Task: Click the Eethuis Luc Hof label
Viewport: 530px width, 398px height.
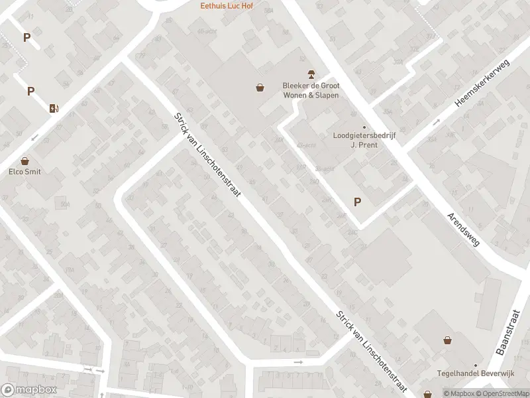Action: [x=227, y=6]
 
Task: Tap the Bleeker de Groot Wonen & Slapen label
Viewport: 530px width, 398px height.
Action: [x=310, y=90]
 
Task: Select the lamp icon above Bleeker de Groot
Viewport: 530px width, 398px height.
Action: [x=309, y=73]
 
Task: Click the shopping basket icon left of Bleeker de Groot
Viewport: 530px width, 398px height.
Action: [x=260, y=87]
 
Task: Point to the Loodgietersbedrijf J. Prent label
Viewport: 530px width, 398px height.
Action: [x=363, y=141]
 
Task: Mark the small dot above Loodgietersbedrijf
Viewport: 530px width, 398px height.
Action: [x=364, y=127]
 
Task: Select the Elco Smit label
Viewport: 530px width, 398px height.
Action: [x=25, y=172]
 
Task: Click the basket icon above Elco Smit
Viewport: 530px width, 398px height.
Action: [x=25, y=160]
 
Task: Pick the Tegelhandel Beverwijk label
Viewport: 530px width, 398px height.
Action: [x=465, y=373]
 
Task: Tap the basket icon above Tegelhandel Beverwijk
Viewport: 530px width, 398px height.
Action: [x=448, y=340]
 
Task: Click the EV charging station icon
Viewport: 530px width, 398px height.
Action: [x=54, y=108]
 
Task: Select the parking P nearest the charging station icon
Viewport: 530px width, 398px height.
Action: [x=30, y=91]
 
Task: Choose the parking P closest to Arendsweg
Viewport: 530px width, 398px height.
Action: [x=358, y=202]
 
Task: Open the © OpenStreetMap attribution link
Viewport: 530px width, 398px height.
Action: [x=501, y=393]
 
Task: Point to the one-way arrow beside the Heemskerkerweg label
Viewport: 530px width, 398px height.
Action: [x=437, y=122]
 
